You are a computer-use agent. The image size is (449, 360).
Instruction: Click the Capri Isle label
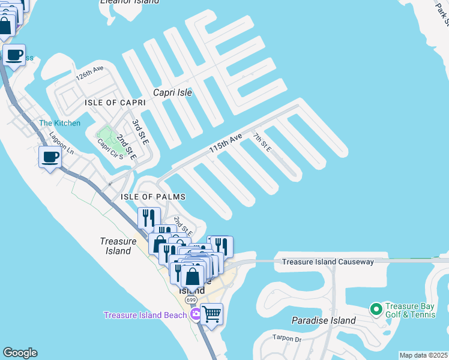[172, 92]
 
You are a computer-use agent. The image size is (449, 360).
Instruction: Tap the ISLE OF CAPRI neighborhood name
[115, 103]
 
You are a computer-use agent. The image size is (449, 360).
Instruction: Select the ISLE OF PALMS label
[153, 197]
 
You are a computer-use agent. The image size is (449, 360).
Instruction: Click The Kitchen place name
[59, 123]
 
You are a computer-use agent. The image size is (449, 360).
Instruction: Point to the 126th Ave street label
[89, 74]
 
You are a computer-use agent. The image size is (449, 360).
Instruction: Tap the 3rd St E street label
[140, 131]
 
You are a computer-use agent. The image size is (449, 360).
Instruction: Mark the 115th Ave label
[225, 144]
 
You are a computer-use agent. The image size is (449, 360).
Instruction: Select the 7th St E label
[262, 143]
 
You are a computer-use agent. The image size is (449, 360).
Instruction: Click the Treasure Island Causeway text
[328, 262]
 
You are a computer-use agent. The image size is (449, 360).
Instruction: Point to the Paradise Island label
[324, 320]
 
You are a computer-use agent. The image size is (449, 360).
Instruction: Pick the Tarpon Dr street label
[286, 337]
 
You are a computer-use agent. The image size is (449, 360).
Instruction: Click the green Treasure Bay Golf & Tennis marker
[376, 309]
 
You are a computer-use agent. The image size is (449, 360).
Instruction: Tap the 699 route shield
[191, 300]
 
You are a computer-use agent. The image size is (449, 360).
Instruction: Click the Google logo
[20, 353]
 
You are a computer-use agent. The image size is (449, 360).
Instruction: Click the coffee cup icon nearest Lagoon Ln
[50, 157]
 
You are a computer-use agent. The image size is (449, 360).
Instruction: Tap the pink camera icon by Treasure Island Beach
[195, 314]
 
